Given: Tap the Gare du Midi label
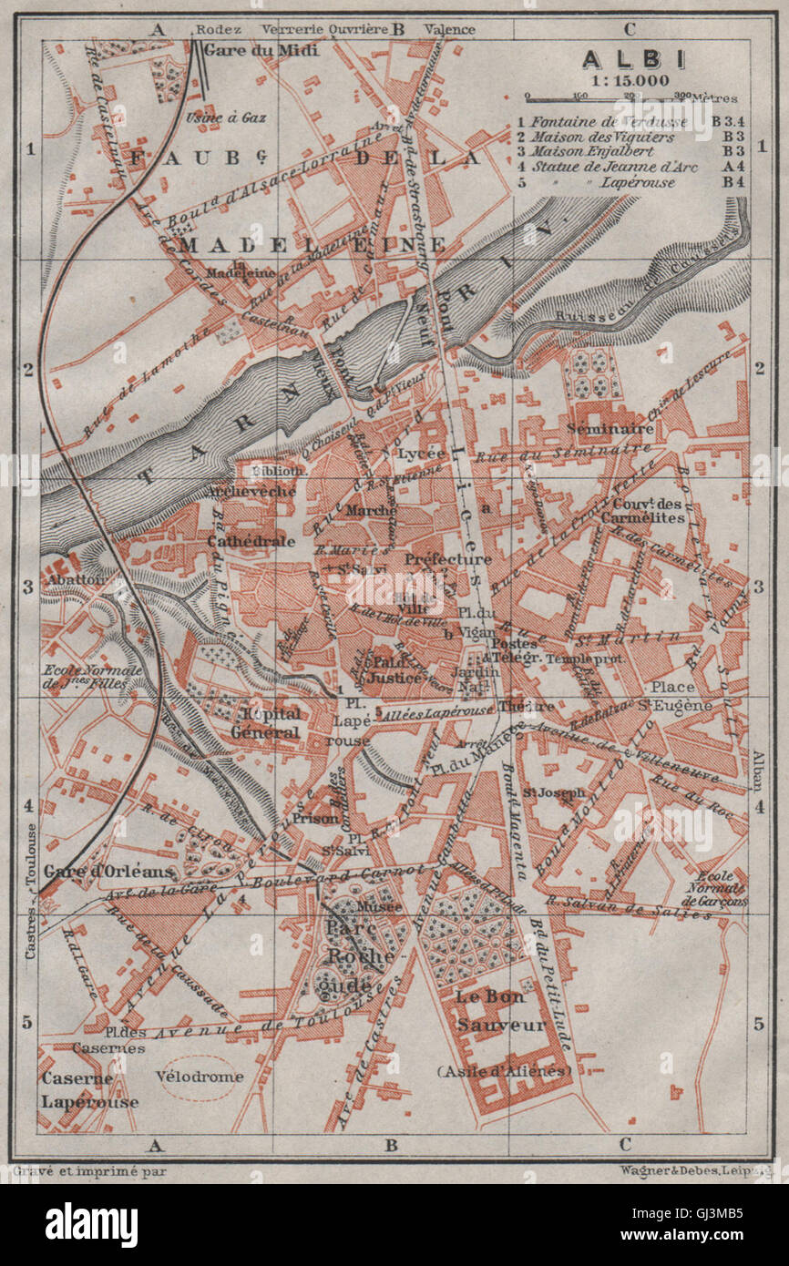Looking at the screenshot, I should tap(261, 50).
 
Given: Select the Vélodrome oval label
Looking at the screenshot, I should tap(200, 1076).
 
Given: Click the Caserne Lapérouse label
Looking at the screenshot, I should tap(88, 1089).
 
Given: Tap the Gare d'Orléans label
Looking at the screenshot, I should tap(108, 871).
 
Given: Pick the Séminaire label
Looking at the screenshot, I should tap(610, 428).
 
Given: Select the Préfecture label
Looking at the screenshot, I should tap(448, 558).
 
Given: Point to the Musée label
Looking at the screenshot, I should tap(379, 906).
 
